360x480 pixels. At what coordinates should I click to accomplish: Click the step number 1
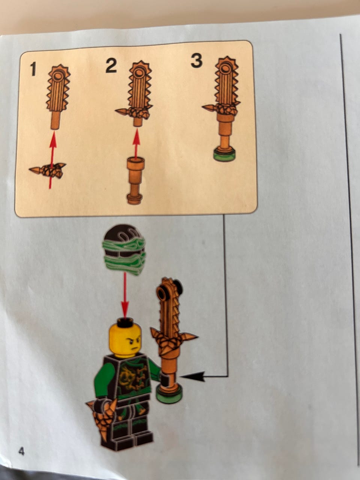click(33, 69)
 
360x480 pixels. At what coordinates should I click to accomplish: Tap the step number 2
click(111, 66)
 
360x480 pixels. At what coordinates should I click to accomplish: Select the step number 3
click(196, 61)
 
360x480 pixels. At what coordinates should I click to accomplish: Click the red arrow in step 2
click(136, 144)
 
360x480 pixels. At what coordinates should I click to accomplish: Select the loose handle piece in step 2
click(135, 181)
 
